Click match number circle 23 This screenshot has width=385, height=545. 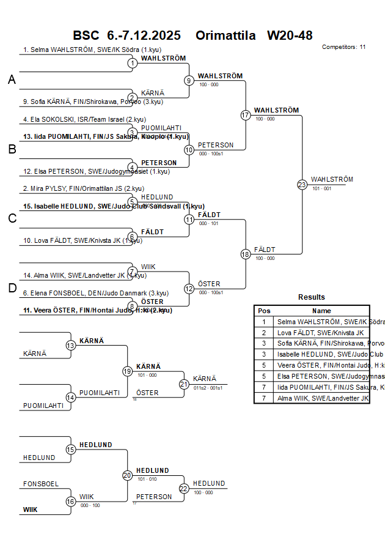coord(302,184)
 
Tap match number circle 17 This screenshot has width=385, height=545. coord(246,115)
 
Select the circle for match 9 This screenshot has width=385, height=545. coord(189,80)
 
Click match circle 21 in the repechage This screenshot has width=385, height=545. coord(184,384)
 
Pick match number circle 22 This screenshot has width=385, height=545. coord(184,488)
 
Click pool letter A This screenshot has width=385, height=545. coord(12,80)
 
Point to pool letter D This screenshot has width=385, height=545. coord(12,289)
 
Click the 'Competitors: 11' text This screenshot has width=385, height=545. coord(343,47)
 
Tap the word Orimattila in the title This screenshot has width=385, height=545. coord(226,35)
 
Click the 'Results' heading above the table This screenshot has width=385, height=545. coord(312,297)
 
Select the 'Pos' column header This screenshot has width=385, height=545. coord(264,311)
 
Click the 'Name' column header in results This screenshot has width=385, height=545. coord(321,311)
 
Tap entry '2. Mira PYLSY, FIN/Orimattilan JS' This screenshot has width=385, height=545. coord(83,188)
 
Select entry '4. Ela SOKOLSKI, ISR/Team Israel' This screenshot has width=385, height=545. coord(84,119)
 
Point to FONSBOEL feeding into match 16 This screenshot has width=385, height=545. coord(41,484)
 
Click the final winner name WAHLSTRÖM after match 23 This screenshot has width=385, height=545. coord(332,179)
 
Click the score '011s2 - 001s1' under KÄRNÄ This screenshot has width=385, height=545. coord(208,388)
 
